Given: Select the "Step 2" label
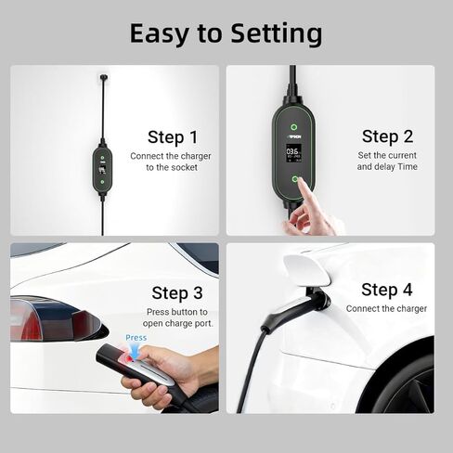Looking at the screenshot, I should (x=387, y=136).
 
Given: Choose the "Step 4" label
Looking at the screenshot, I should (x=386, y=289).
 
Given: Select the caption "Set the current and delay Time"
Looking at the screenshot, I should (x=387, y=161).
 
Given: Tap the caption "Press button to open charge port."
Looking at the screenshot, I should (x=176, y=318).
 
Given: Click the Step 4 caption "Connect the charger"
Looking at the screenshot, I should (x=386, y=308).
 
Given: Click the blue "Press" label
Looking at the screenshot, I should (x=136, y=338).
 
